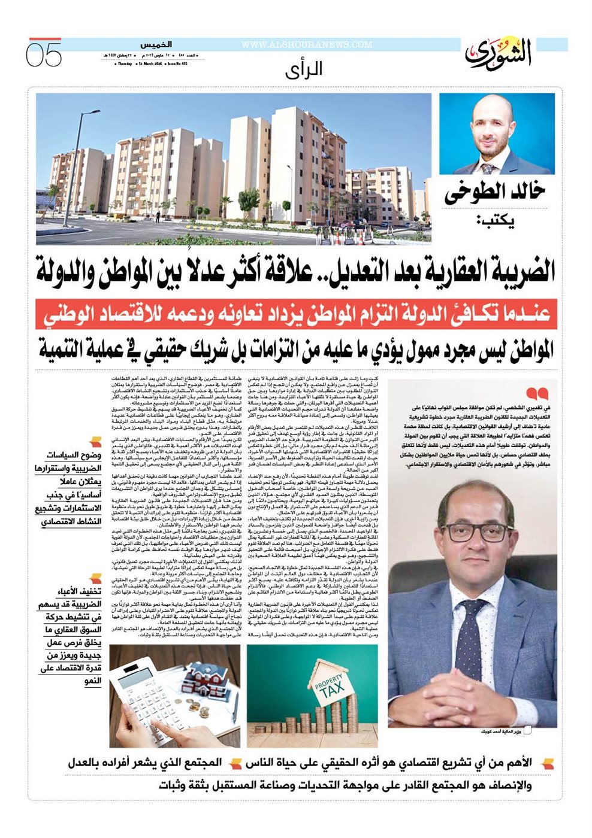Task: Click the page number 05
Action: click(44, 54)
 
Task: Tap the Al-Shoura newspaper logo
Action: click(498, 54)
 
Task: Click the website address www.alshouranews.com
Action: click(306, 45)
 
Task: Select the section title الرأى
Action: click(304, 69)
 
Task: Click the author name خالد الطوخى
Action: click(494, 193)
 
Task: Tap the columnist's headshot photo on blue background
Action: click(497, 134)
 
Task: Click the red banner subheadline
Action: click(296, 314)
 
